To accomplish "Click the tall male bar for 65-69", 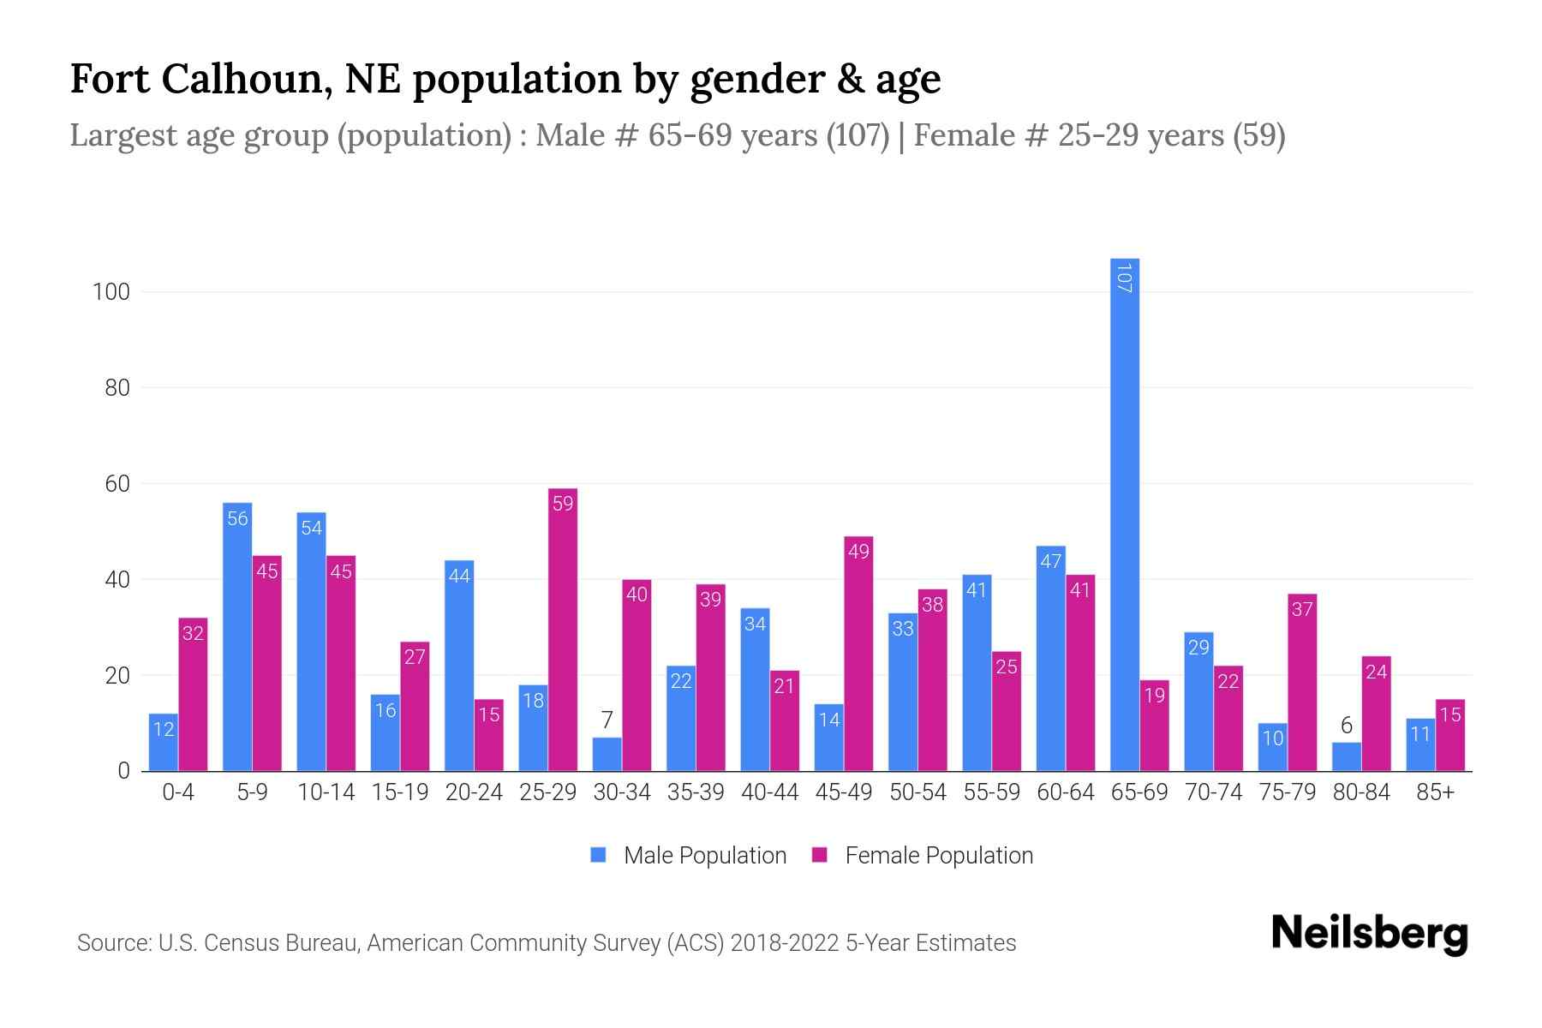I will click(x=1124, y=514).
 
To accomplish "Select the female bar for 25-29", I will click(x=563, y=630).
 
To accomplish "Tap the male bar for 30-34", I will click(x=607, y=755).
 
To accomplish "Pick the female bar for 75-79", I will click(x=1302, y=683).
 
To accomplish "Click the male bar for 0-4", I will click(x=163, y=743).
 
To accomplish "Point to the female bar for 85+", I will click(x=1450, y=735).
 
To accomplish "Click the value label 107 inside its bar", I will click(x=1124, y=278).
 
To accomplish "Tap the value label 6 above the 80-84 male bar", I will click(x=1346, y=726).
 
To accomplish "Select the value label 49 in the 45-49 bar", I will click(x=858, y=552).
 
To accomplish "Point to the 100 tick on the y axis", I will click(x=111, y=292).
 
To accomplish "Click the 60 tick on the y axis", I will click(x=117, y=484).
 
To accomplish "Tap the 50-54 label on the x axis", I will click(x=917, y=792).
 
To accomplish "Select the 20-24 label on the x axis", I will click(x=474, y=792).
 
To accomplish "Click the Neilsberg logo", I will click(x=1369, y=934).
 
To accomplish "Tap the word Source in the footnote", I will click(x=113, y=943).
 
